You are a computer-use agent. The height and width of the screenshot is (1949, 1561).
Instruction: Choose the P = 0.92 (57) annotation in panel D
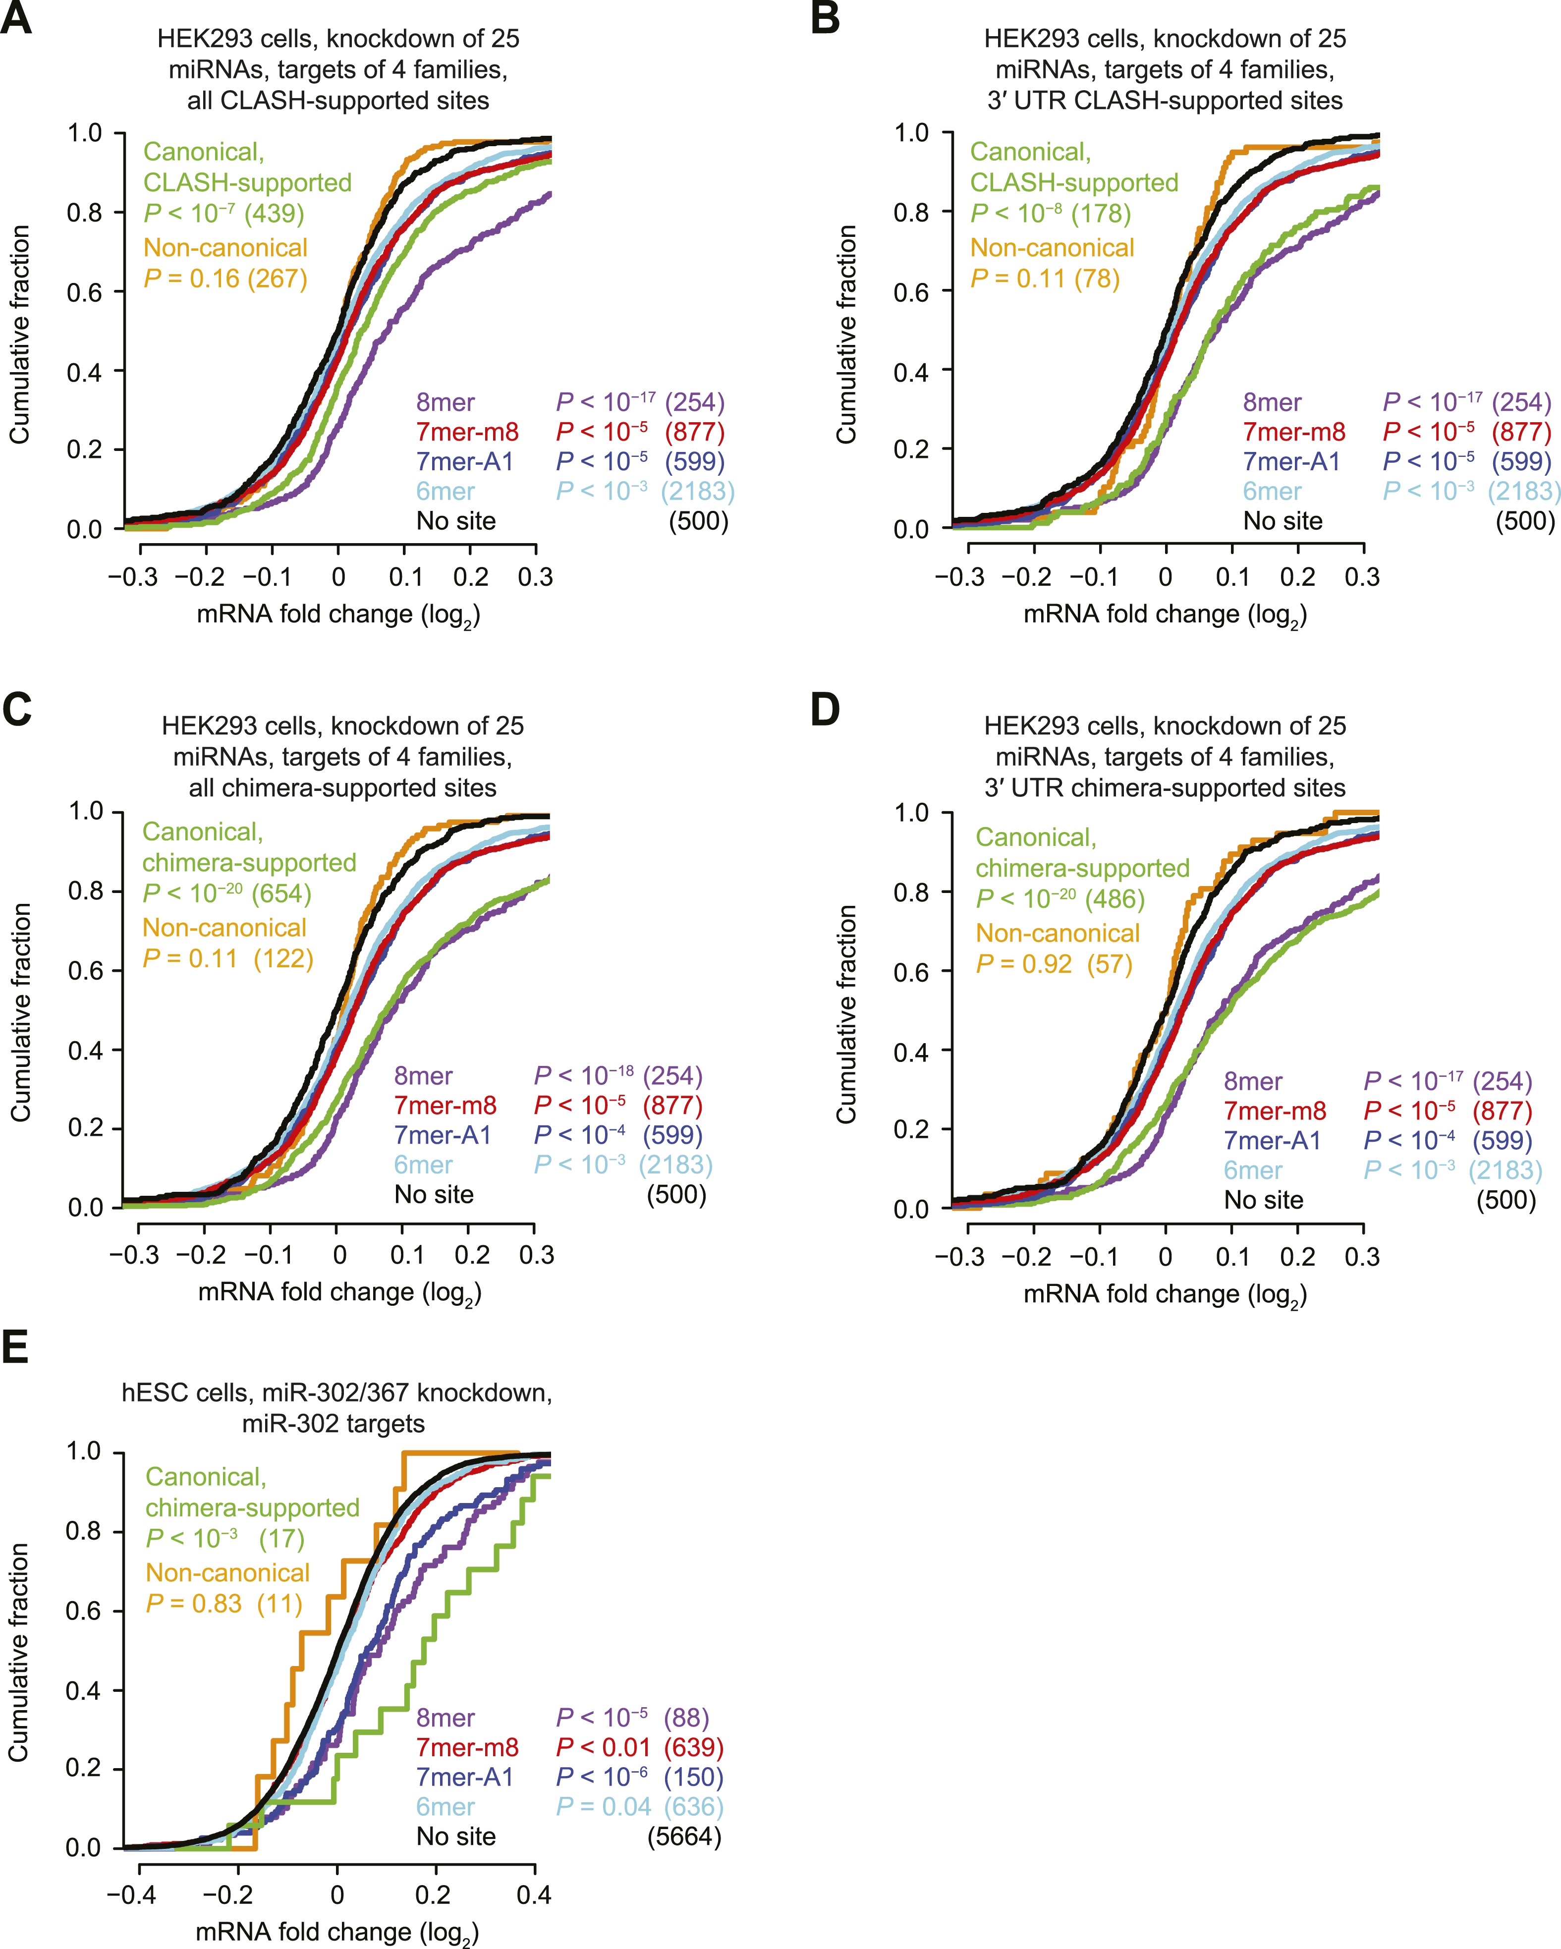1054,964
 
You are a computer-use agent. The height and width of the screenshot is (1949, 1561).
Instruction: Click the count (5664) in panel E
684,1836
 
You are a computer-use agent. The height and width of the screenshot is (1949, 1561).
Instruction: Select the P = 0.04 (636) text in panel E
640,1806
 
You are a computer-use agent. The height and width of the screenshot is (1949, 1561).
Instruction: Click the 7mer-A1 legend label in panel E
465,1777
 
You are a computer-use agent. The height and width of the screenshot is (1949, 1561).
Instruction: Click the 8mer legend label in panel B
1272,402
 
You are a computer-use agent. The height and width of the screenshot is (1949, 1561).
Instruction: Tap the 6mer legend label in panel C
423,1165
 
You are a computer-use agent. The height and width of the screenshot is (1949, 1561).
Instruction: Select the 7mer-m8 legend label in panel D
1275,1111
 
